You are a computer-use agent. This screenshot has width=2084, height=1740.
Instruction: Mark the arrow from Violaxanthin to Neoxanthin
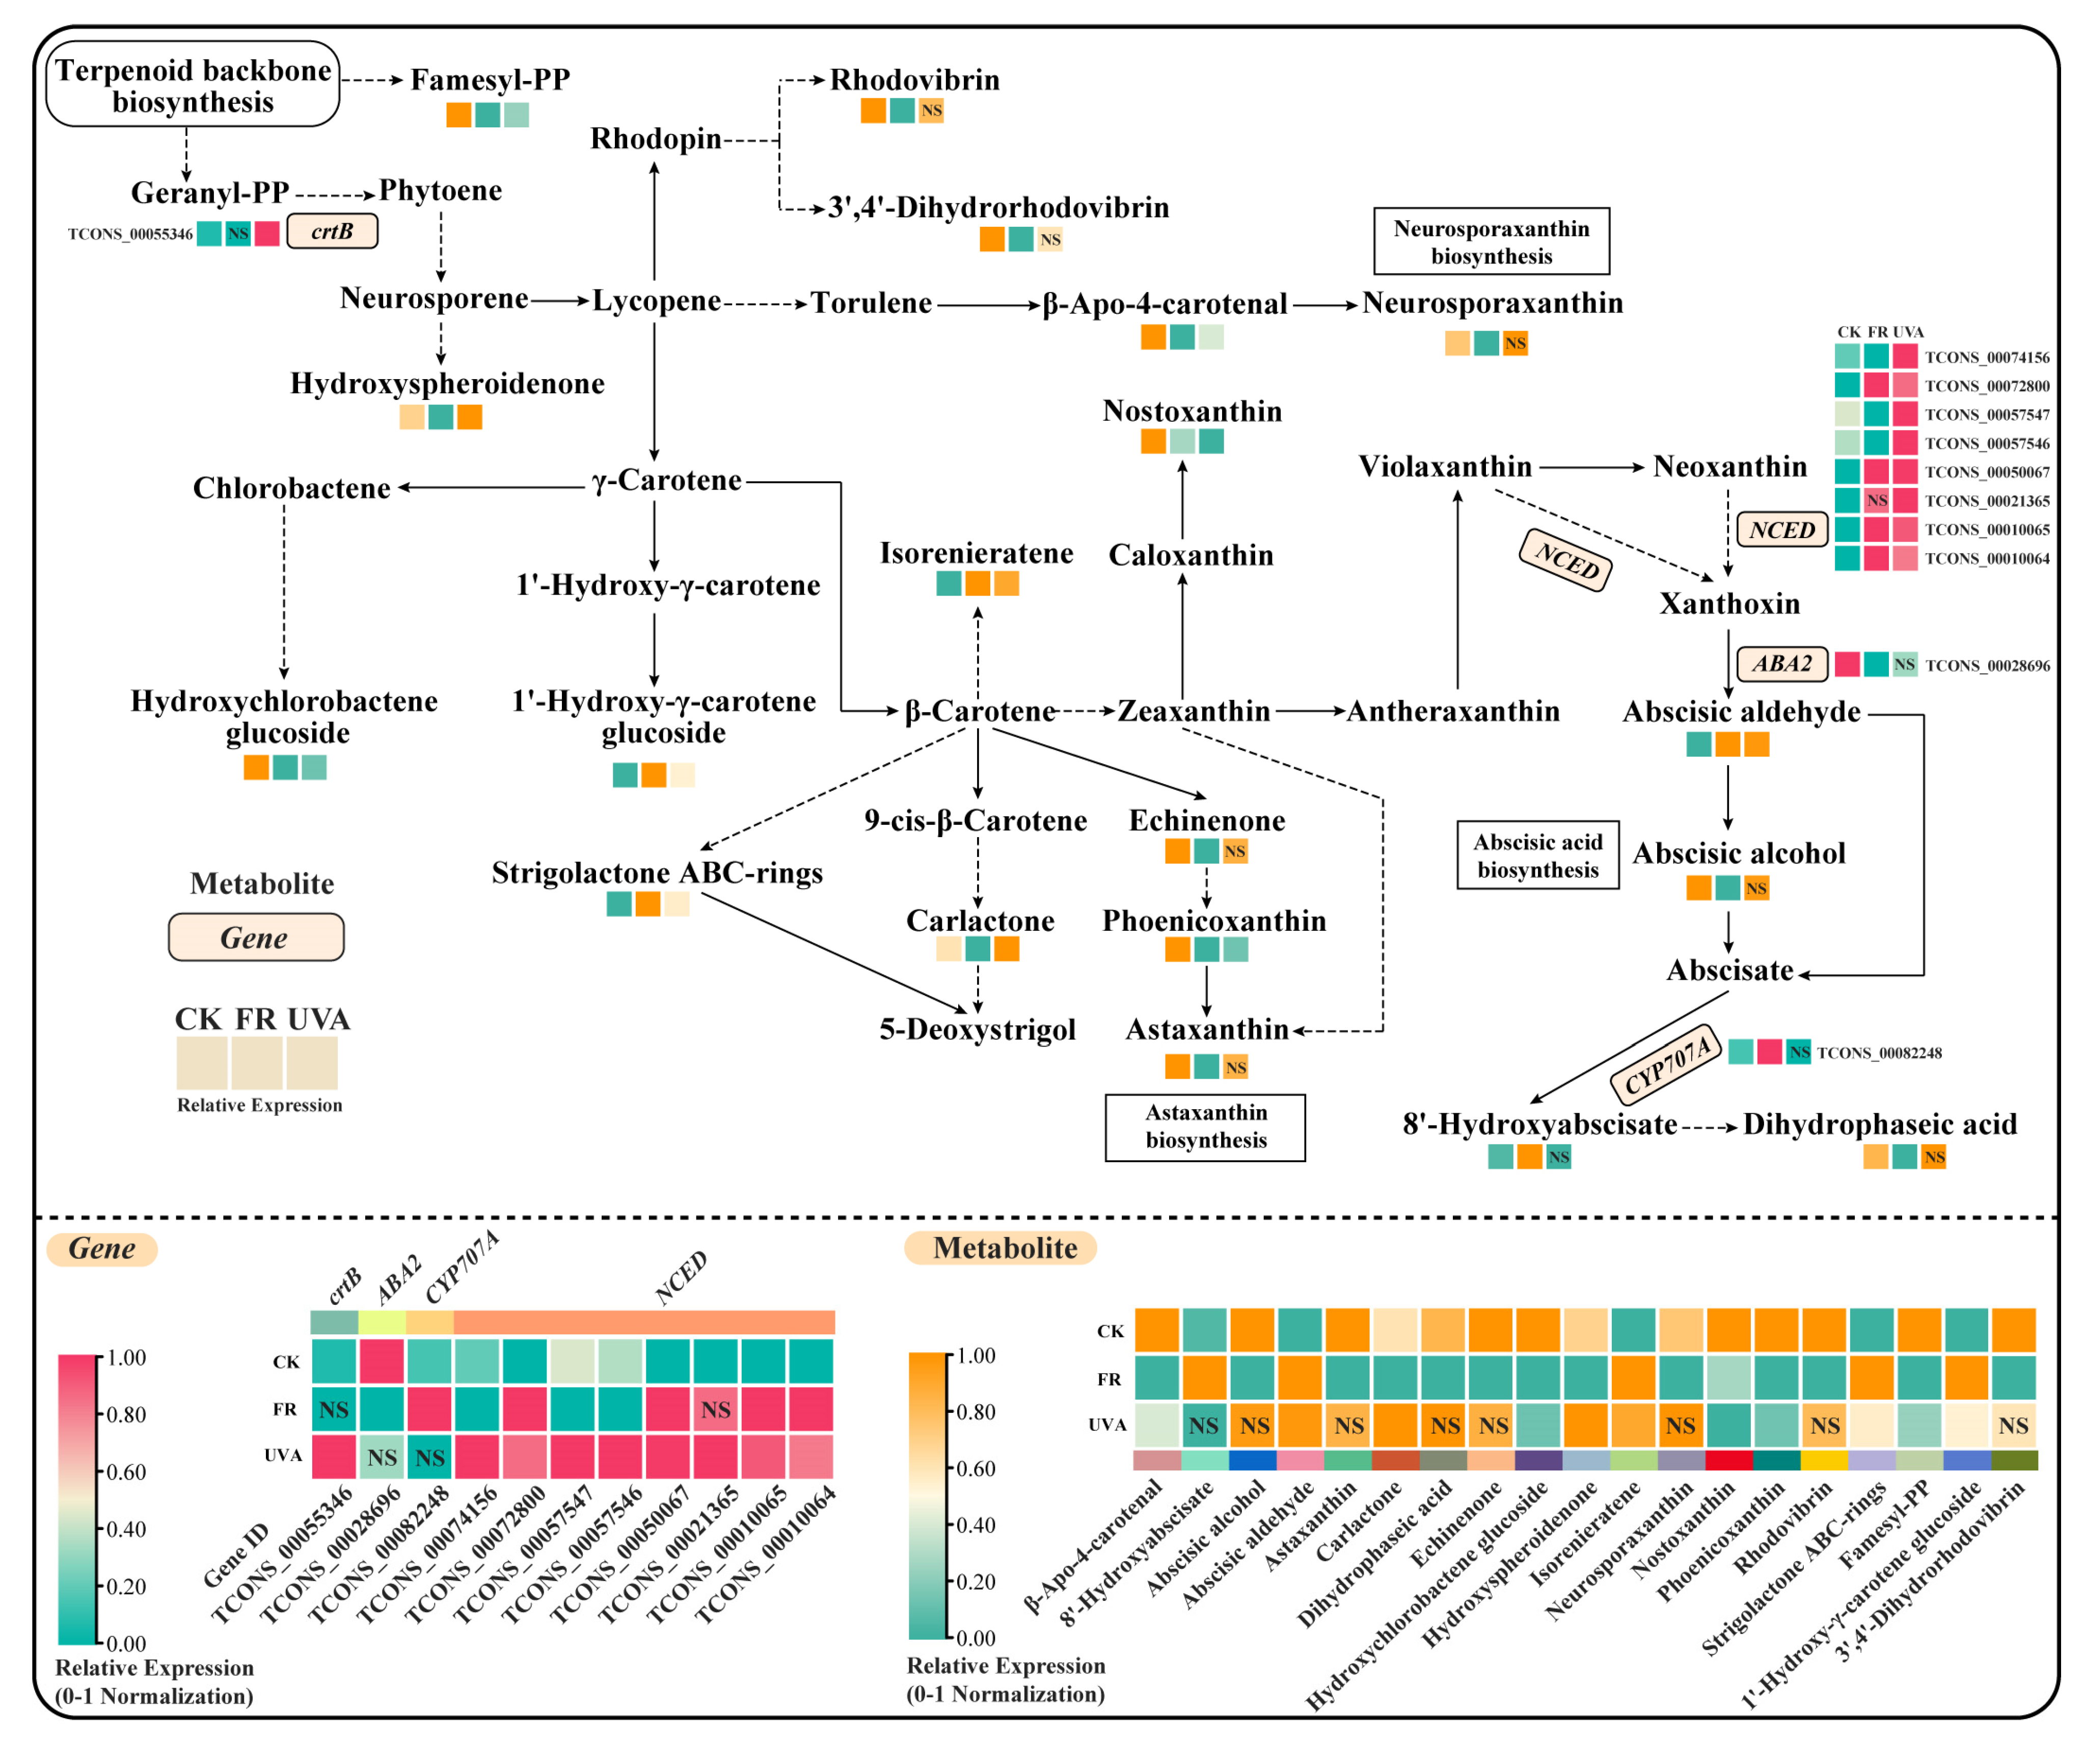[1591, 467]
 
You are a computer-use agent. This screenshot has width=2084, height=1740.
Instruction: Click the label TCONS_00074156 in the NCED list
[1987, 357]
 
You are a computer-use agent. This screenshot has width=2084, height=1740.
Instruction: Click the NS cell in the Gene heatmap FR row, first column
[334, 1409]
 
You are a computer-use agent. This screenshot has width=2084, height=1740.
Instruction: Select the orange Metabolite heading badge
[1000, 1248]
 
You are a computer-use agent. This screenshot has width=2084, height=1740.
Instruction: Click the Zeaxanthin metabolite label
[1194, 711]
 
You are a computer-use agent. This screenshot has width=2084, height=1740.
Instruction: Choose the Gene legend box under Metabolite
[256, 937]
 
